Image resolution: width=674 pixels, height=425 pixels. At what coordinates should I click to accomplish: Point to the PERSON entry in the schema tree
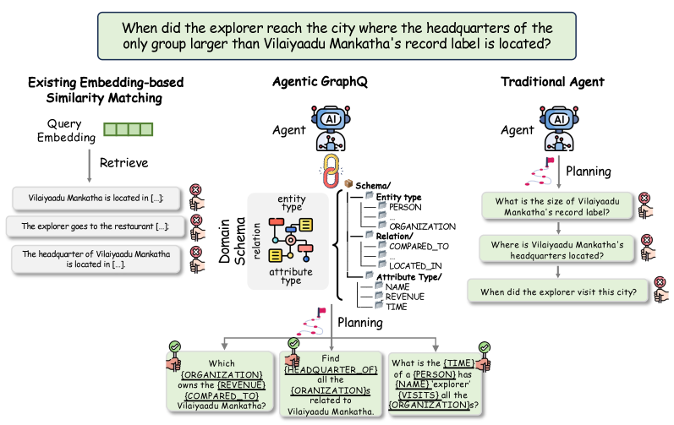coord(403,206)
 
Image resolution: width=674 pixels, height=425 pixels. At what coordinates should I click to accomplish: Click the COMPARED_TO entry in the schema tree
coord(418,246)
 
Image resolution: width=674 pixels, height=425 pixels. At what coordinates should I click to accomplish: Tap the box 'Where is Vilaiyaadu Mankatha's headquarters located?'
coord(557,250)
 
